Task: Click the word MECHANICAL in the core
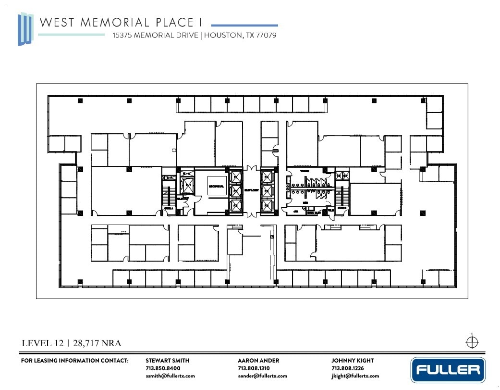point(216,186)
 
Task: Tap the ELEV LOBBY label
point(252,190)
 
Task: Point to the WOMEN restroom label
point(305,171)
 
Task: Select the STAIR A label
point(168,208)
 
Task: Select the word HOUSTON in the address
point(222,35)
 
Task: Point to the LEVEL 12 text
point(43,343)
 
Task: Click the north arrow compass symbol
point(472,342)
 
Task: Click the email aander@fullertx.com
point(262,376)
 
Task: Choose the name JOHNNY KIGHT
point(352,361)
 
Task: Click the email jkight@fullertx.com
point(355,376)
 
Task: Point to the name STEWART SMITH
point(167,361)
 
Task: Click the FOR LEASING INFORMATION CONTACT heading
point(75,361)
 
